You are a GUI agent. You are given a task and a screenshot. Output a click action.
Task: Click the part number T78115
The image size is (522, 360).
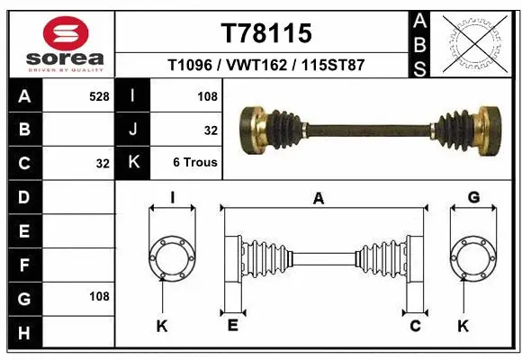[x=266, y=33]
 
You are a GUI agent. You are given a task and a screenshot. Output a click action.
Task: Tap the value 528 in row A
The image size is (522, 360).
[x=99, y=95]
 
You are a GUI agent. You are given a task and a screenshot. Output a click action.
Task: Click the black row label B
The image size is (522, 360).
[x=24, y=130]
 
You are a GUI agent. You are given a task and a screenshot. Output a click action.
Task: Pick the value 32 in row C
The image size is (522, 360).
[x=101, y=164]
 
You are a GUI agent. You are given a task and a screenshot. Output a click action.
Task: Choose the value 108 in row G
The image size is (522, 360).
[x=99, y=296]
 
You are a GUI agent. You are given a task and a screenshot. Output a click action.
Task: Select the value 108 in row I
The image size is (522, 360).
[x=208, y=95]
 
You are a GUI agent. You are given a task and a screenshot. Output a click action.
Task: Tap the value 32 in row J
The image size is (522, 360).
[x=211, y=130]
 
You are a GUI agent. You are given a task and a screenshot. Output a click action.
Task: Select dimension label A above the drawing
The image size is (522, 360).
[x=318, y=199]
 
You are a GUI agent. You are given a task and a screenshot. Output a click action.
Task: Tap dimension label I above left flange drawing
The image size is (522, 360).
[x=172, y=197]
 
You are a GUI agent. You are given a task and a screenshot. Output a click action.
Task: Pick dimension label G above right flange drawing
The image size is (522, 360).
[x=473, y=197]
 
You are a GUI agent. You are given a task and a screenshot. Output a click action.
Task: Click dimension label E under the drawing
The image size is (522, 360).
[x=231, y=326]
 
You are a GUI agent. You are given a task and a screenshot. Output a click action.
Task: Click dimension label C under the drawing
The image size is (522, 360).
[x=415, y=326]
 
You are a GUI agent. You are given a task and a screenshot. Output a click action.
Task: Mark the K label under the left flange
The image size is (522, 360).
[x=162, y=326]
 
